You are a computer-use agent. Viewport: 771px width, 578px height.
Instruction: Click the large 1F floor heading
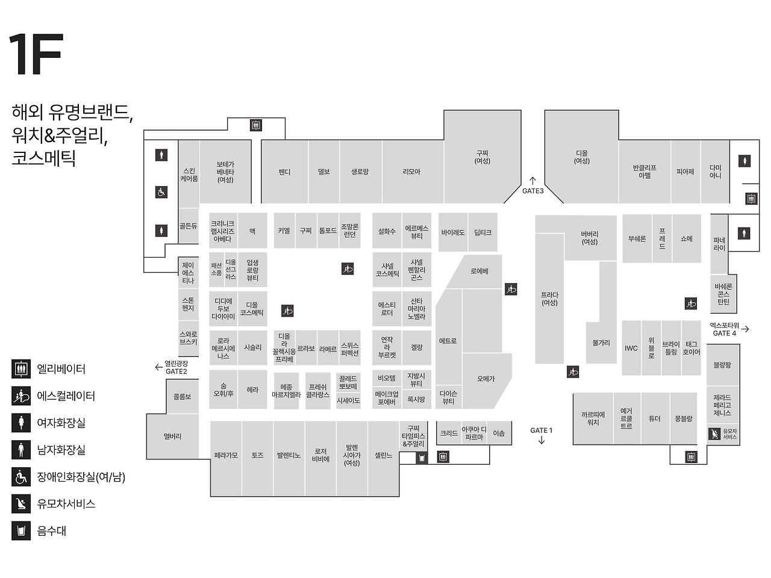(36, 55)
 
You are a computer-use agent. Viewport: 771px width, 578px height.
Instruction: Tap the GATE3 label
(532, 191)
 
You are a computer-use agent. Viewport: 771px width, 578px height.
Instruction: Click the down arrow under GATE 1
(542, 440)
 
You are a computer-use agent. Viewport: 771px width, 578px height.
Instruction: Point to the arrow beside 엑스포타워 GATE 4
(745, 329)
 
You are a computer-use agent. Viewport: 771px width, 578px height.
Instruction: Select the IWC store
(631, 348)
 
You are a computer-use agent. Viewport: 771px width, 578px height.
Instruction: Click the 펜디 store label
(284, 172)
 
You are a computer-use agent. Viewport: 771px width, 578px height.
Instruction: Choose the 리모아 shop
(411, 172)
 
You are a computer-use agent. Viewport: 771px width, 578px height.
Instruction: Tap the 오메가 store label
(485, 379)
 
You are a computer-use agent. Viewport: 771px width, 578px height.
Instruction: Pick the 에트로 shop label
(448, 341)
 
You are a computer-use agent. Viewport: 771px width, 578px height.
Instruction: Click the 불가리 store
(601, 343)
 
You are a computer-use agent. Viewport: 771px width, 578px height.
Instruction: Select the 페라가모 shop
(226, 455)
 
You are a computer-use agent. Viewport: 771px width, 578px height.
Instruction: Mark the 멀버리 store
(172, 437)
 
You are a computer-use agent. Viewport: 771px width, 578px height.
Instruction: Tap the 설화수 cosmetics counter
(387, 231)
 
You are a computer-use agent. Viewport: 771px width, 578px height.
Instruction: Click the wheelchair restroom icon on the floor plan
(161, 192)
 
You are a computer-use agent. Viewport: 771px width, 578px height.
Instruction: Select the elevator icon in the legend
(21, 368)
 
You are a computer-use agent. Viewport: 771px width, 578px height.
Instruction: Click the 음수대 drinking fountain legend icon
(21, 530)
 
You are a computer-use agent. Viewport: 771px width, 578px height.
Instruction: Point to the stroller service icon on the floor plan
(714, 433)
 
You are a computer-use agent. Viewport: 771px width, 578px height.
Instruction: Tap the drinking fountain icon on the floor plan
(422, 458)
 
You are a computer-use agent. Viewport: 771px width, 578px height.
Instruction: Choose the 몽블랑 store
(683, 418)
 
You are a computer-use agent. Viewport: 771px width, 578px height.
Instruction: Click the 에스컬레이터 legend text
(66, 396)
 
